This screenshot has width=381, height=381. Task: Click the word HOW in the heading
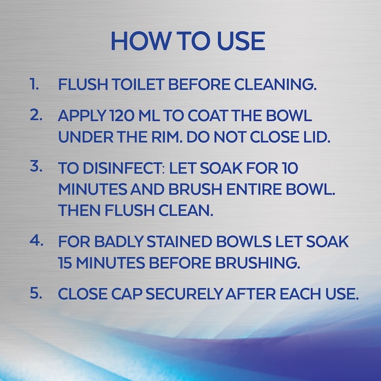[x=140, y=41]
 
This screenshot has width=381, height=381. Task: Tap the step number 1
[x=34, y=84]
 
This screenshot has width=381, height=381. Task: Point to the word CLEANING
[x=275, y=85]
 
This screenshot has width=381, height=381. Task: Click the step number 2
[x=36, y=115]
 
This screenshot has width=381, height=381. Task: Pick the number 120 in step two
[x=122, y=115]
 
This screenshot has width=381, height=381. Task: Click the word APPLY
[x=82, y=115]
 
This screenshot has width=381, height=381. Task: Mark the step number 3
[x=36, y=166]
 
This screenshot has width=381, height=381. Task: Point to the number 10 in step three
[x=290, y=168]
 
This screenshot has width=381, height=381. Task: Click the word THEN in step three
[x=79, y=210]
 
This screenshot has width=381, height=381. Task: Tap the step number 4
[x=37, y=241]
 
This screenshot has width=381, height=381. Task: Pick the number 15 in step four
[x=65, y=263]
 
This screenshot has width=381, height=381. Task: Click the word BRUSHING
[x=258, y=263]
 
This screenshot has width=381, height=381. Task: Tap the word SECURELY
[x=184, y=294]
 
